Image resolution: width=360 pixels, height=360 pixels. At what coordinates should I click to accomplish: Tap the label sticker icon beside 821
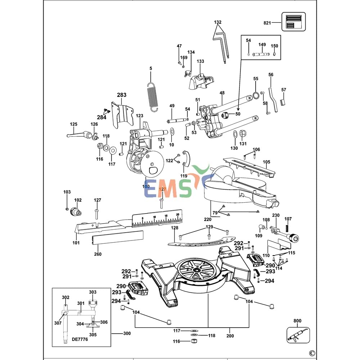click(x=293, y=22)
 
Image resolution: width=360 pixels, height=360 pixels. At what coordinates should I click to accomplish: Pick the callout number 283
click(x=122, y=95)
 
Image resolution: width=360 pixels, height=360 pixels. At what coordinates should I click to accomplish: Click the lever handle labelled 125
click(x=77, y=135)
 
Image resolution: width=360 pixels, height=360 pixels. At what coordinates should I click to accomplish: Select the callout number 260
click(x=98, y=254)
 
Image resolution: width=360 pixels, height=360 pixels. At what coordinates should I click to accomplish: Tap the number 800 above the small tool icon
click(x=297, y=321)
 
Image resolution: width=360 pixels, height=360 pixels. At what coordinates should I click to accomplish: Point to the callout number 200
click(x=230, y=336)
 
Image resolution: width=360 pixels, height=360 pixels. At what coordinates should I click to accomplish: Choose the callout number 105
click(x=266, y=162)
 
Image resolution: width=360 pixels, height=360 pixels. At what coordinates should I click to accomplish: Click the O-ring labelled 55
click(x=256, y=95)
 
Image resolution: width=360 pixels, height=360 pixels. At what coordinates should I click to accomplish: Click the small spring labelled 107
click(x=288, y=229)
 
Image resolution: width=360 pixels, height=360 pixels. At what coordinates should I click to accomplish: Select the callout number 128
click(x=174, y=228)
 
